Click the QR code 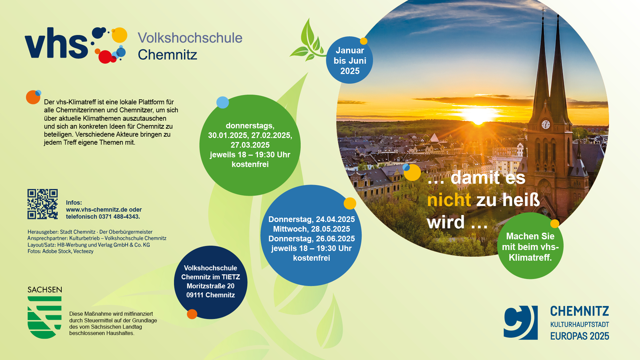tap(42, 204)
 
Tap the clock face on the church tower tap(546, 125)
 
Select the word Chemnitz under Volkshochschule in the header tap(167, 55)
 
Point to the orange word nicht tap(449, 200)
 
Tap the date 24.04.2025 tap(335, 219)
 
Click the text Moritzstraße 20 tap(210, 286)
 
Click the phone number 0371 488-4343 tap(119, 217)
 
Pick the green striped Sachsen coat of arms tap(45, 317)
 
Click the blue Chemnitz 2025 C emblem tap(521, 323)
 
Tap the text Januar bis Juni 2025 tap(350, 61)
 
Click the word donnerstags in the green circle tap(250, 126)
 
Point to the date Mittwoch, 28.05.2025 tap(311, 229)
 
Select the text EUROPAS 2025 tap(580, 336)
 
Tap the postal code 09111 tap(195, 295)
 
